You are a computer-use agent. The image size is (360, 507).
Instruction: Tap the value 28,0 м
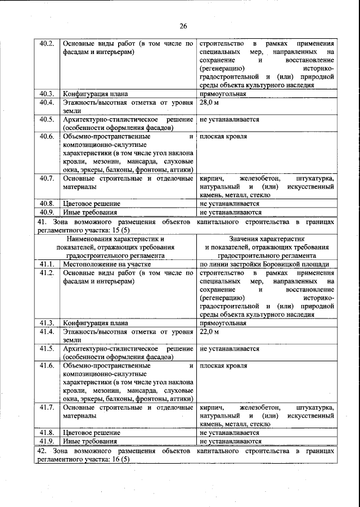(209, 103)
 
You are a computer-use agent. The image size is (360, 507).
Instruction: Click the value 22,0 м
(209, 332)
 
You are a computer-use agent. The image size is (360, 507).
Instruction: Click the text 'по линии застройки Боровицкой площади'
(264, 264)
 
